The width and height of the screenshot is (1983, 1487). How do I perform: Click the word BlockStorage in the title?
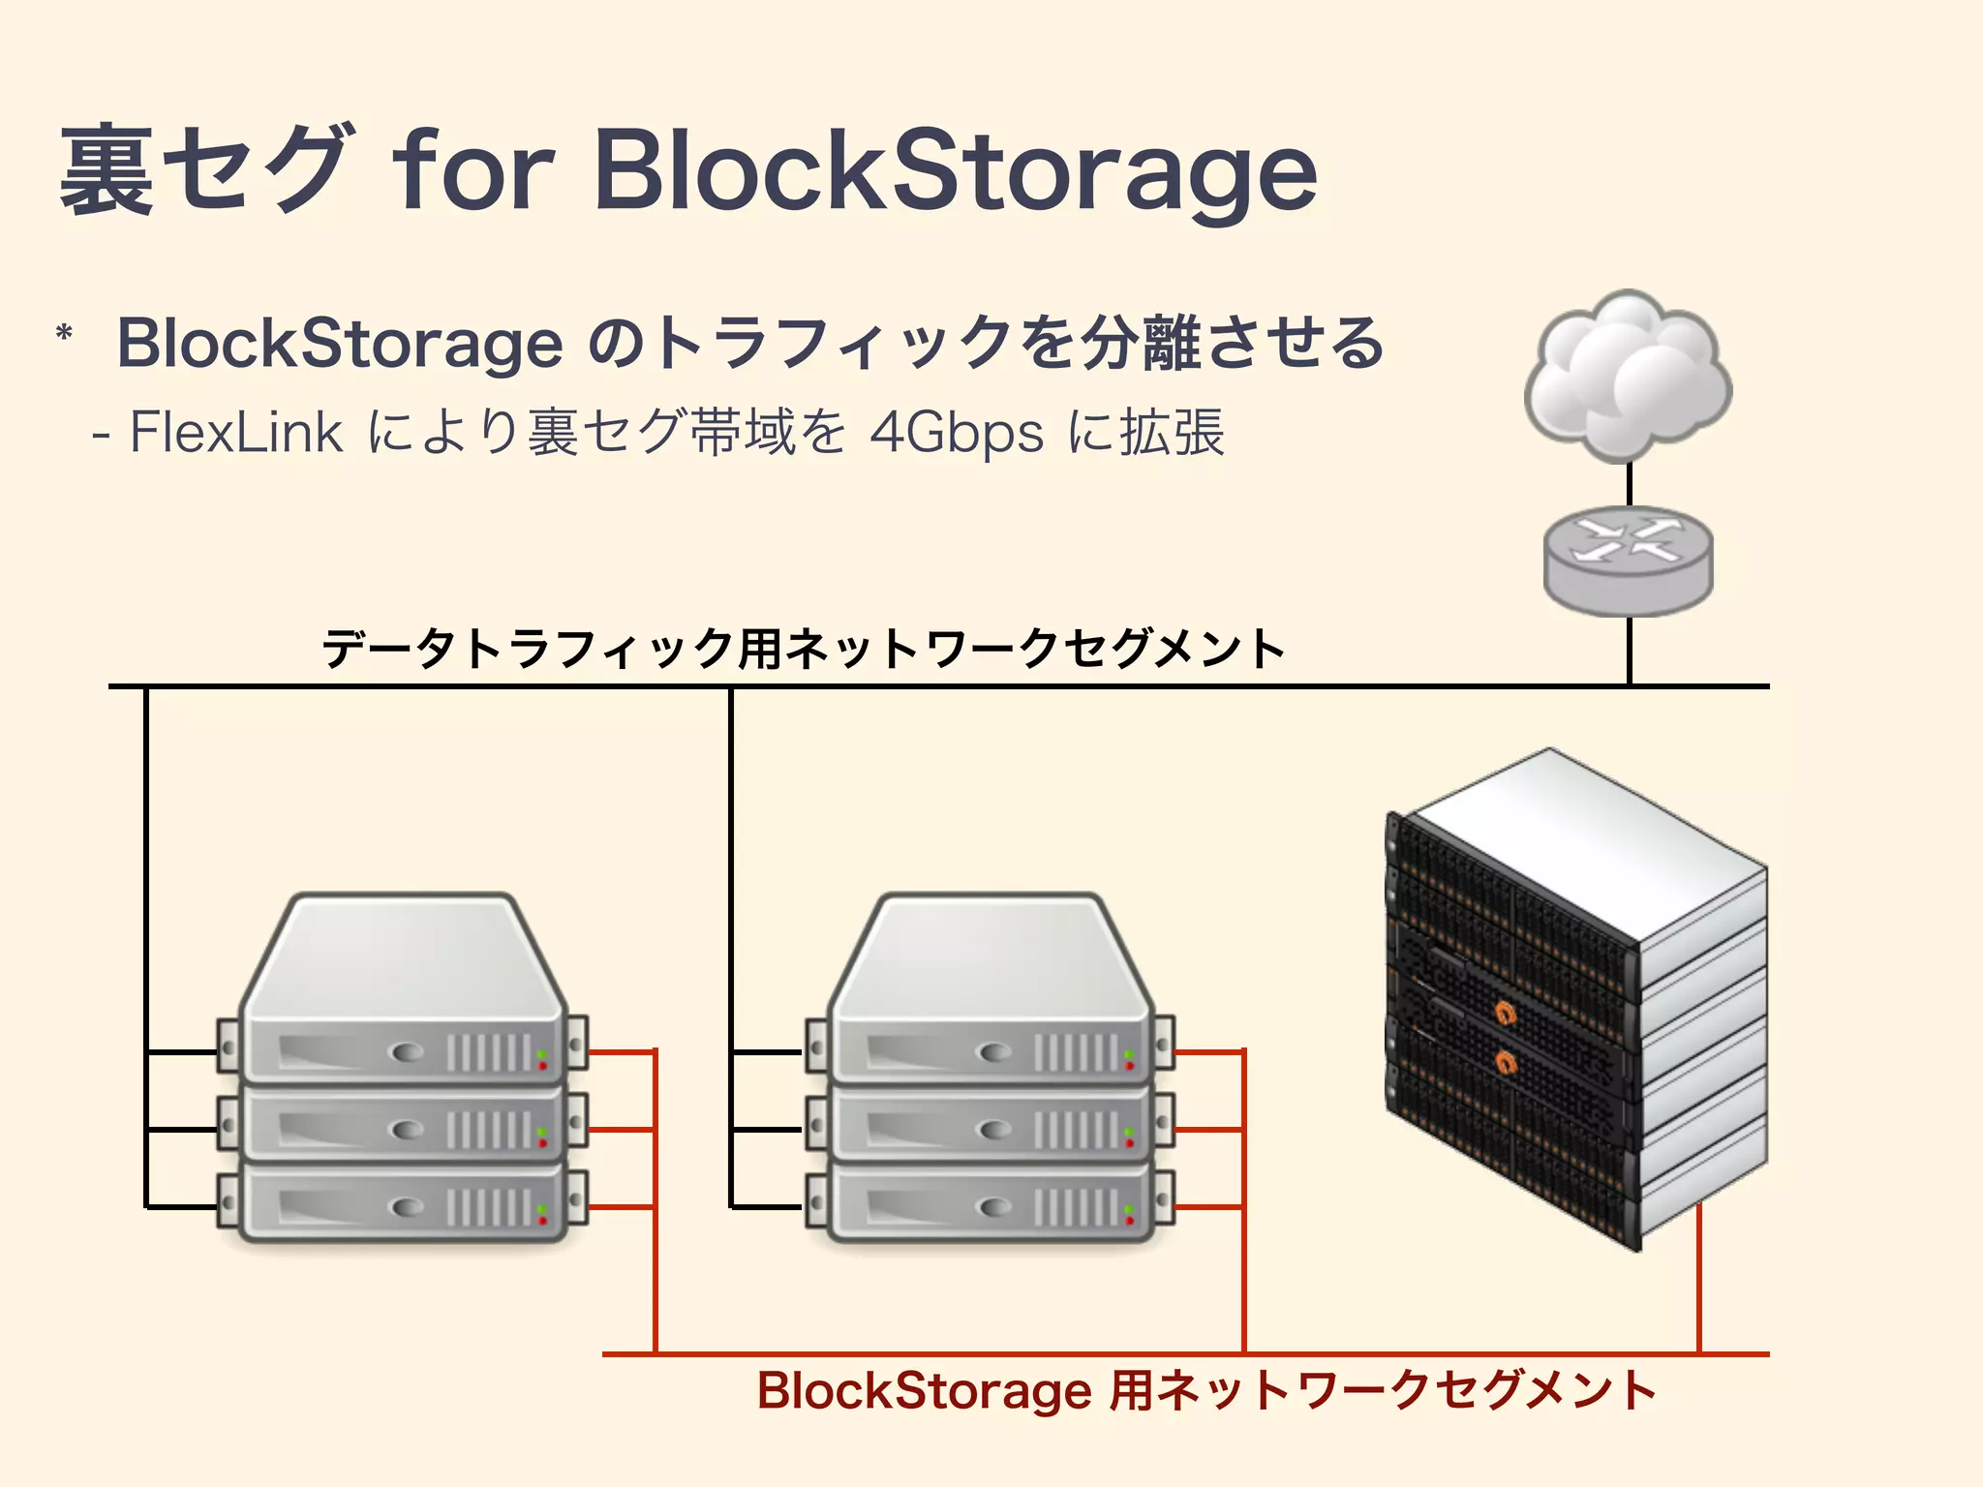click(x=954, y=172)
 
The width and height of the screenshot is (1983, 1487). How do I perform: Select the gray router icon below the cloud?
click(x=1628, y=560)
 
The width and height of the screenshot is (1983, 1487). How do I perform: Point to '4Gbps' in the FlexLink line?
click(x=956, y=433)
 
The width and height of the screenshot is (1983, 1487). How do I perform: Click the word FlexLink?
click(x=235, y=433)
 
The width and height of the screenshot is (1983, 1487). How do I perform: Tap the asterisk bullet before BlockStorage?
click(x=65, y=335)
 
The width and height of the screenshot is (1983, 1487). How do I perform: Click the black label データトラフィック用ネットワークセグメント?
click(x=804, y=649)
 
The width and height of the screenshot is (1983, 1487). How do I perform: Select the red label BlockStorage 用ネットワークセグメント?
click(x=1206, y=1391)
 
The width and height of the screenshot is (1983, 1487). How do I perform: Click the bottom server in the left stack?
click(x=402, y=1205)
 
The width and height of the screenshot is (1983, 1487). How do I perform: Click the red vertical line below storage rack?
click(x=1699, y=1278)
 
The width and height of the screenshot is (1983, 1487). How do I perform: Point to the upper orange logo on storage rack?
click(x=1506, y=1014)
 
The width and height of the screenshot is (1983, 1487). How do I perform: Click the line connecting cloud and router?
click(x=1630, y=484)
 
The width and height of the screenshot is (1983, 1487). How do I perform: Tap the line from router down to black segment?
click(x=1630, y=651)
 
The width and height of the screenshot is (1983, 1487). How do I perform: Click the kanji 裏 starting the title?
click(x=107, y=172)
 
